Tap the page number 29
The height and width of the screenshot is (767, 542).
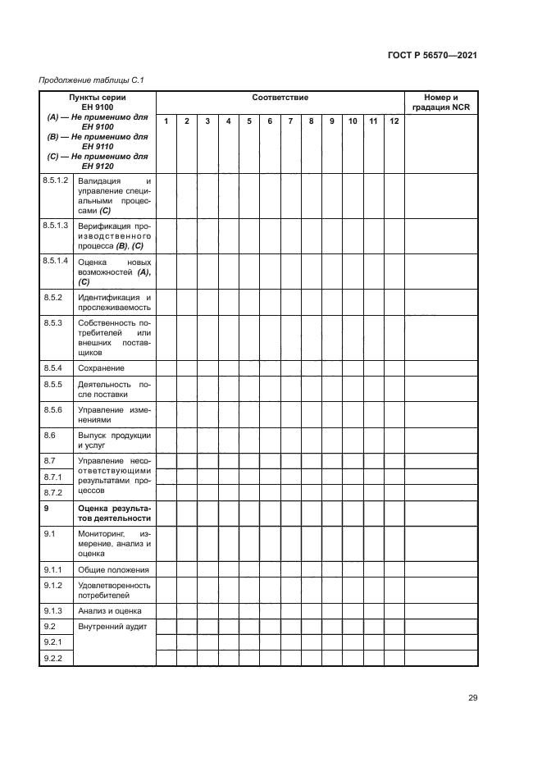(472, 698)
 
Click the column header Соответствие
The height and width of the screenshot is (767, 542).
(280, 98)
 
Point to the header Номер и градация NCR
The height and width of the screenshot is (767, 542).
(441, 103)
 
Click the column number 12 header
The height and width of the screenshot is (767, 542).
(394, 121)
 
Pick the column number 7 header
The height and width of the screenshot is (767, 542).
(290, 121)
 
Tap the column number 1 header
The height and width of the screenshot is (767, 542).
(166, 121)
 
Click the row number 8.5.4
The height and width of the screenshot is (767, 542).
(52, 368)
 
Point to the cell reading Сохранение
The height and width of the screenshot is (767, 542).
(101, 368)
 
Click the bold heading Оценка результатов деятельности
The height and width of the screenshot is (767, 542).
(114, 514)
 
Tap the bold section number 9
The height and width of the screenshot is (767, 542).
(46, 509)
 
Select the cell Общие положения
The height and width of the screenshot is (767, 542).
(113, 569)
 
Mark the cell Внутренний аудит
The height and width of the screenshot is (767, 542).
(112, 628)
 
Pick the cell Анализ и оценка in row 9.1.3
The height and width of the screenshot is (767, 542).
(109, 610)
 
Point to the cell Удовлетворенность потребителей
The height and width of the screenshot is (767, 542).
(114, 590)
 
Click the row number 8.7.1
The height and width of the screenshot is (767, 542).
(52, 477)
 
